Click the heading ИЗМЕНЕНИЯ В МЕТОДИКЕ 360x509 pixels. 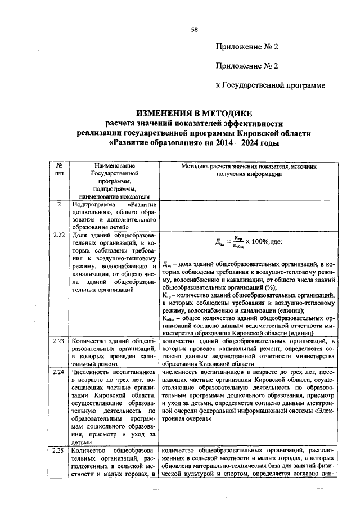[193, 113]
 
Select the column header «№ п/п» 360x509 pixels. [58, 170]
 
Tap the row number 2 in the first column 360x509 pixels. [58, 205]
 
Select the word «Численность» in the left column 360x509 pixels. [95, 371]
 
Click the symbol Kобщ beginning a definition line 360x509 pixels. [166, 318]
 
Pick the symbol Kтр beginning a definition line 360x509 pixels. [165, 295]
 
